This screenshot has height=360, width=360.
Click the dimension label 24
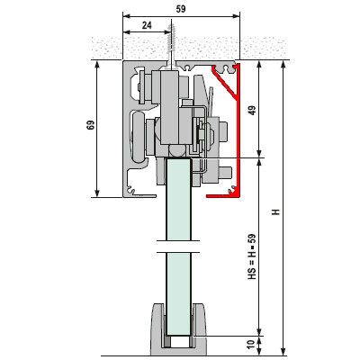point(147,25)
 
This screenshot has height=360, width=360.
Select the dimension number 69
point(90,125)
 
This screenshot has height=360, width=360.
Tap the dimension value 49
point(253,110)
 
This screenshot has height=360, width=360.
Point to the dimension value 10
point(253,344)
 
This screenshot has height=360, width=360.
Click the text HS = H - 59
point(253,256)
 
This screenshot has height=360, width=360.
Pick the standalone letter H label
point(275,211)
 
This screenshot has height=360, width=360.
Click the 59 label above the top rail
point(181,9)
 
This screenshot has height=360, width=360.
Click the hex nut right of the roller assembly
point(224,131)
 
